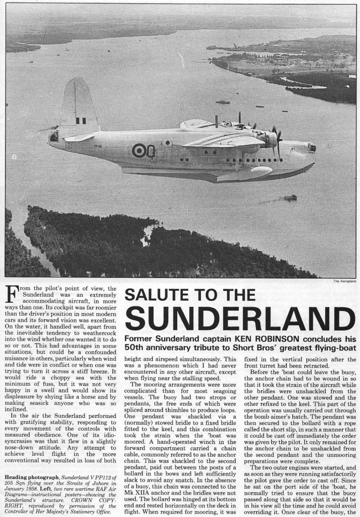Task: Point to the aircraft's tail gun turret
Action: (x=54, y=136)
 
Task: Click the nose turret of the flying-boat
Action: (x=312, y=148)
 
